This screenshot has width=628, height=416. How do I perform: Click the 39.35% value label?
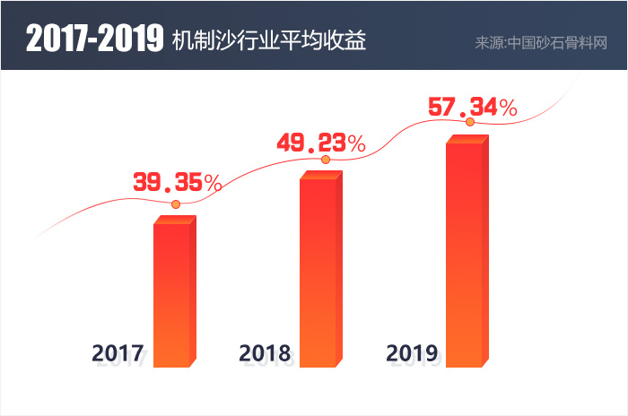(178, 183)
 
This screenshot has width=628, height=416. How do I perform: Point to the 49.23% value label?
(321, 143)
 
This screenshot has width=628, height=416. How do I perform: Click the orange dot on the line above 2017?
(176, 204)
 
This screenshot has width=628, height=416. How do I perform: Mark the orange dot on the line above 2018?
(326, 160)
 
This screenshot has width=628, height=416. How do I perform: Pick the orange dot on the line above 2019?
(470, 122)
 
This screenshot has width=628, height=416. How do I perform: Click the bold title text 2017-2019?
(92, 41)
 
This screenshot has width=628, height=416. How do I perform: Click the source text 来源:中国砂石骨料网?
(541, 42)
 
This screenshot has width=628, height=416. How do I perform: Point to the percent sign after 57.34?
(508, 108)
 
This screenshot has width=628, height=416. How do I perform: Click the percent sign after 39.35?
(213, 183)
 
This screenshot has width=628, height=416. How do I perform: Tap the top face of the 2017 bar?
(174, 220)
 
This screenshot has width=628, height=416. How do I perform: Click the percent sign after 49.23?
(356, 143)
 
